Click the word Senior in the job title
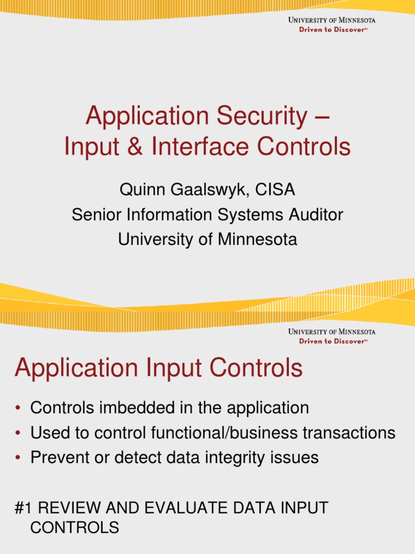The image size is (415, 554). [x=95, y=215]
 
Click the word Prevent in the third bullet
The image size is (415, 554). [x=59, y=458]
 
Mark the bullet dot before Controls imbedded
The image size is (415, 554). [x=18, y=408]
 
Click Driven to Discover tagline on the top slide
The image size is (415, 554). [x=333, y=30]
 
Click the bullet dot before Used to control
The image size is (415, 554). [x=18, y=433]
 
